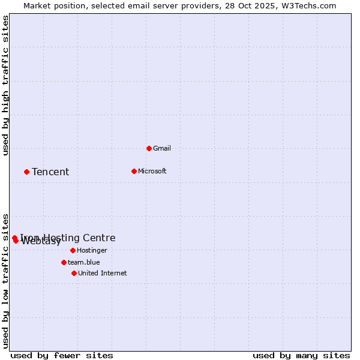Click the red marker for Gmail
(x=149, y=148)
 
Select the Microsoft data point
(x=134, y=171)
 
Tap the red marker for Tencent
(x=26, y=172)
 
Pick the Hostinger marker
(x=73, y=250)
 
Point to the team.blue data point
(x=64, y=262)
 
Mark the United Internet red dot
(x=74, y=273)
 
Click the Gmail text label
(x=162, y=148)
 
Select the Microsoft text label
(x=152, y=171)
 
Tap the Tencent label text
(x=50, y=172)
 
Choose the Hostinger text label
(x=92, y=250)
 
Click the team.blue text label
(x=84, y=262)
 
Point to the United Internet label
(x=103, y=273)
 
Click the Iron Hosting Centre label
(x=68, y=238)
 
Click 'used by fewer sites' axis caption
(x=62, y=355)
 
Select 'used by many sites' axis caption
(x=301, y=355)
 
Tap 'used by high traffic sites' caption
(x=6, y=86)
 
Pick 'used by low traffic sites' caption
(x=6, y=281)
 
